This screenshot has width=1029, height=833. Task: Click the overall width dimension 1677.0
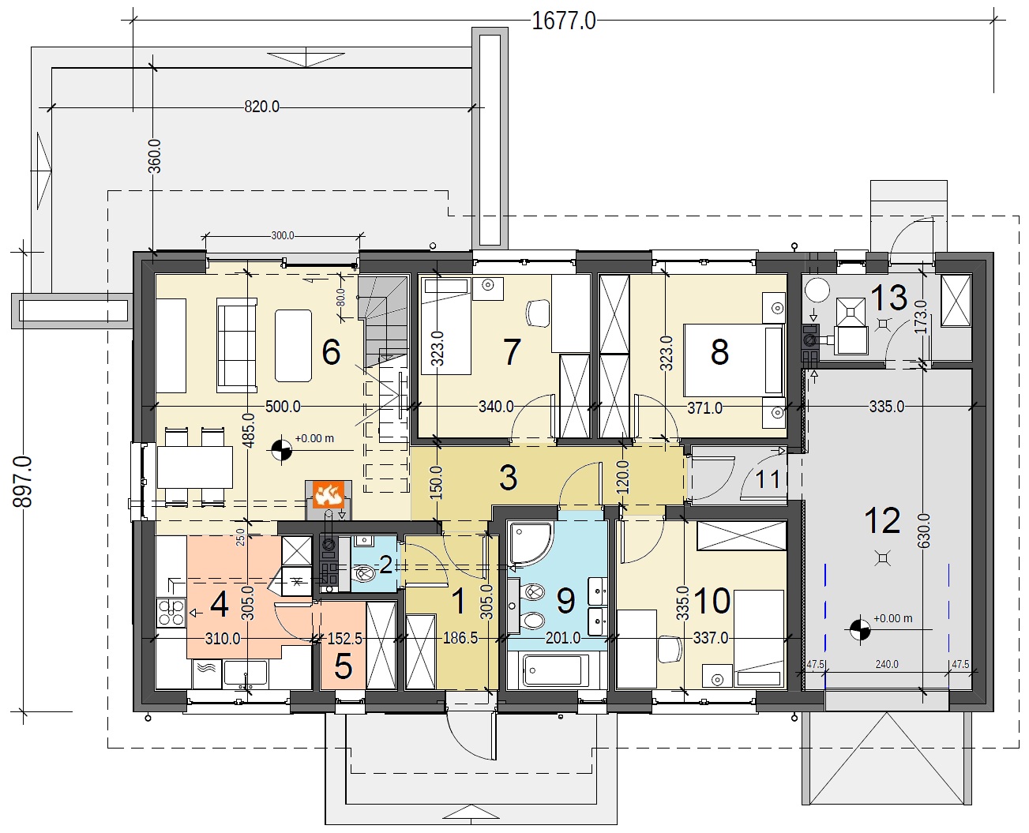coord(563,21)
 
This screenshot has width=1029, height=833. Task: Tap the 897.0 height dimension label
coord(23,482)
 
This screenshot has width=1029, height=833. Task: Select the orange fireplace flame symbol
coord(328,494)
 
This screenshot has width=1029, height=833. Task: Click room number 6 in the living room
coord(331,352)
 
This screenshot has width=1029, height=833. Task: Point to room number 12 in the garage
coord(882,520)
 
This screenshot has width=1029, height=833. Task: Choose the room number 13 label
coord(889,297)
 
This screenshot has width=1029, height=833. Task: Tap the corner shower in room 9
coord(530,544)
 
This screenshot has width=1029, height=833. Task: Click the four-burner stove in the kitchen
coord(171,613)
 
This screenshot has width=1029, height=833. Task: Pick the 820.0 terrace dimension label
coord(261,107)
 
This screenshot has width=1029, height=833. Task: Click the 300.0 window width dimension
coord(283,235)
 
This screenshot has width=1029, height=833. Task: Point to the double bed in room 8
coord(734,360)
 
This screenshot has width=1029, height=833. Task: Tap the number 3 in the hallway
coord(509,478)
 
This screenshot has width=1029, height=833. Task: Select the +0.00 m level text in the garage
coord(892,618)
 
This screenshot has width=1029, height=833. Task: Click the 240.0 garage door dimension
coord(887,665)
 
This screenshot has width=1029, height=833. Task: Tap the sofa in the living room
coord(237,345)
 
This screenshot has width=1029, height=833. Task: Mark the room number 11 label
coord(767,479)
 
